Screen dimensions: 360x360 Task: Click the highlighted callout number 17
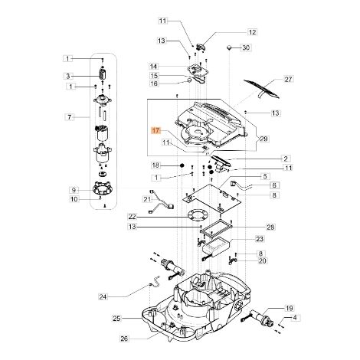click(155, 131)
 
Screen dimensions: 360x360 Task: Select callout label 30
click(245, 47)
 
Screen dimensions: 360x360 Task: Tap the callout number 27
click(288, 80)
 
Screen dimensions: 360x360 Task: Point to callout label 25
click(116, 319)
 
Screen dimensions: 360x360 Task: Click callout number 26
click(124, 339)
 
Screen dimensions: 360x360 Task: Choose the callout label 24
click(103, 296)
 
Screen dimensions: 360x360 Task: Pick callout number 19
click(289, 308)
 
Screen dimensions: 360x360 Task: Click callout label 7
click(69, 117)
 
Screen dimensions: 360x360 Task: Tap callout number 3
click(68, 76)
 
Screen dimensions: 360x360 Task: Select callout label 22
click(133, 217)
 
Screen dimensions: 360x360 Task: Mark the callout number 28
click(271, 227)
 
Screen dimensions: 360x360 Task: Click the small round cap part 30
click(229, 47)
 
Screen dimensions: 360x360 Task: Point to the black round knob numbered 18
click(182, 165)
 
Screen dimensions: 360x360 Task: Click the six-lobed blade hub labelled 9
click(103, 189)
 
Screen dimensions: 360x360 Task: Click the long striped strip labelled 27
click(262, 89)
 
